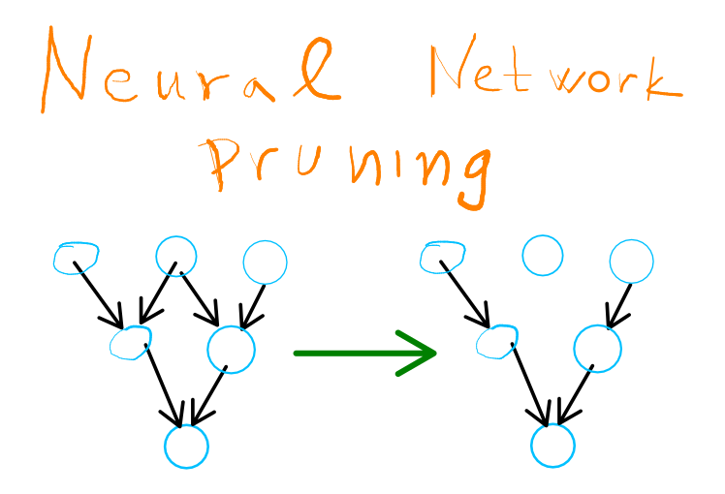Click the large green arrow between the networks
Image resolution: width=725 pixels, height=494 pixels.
(x=365, y=353)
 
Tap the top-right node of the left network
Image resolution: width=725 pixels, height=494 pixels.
(x=265, y=262)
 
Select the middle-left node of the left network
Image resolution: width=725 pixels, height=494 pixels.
(x=131, y=342)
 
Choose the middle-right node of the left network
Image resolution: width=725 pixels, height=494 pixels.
(x=231, y=349)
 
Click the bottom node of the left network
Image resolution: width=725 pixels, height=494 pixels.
(x=186, y=447)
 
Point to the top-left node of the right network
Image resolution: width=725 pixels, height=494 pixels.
(x=444, y=257)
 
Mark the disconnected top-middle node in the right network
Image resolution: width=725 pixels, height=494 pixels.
(x=542, y=256)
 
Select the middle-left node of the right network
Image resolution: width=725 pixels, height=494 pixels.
(x=497, y=342)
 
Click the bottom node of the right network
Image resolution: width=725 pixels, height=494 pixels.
(x=552, y=446)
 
